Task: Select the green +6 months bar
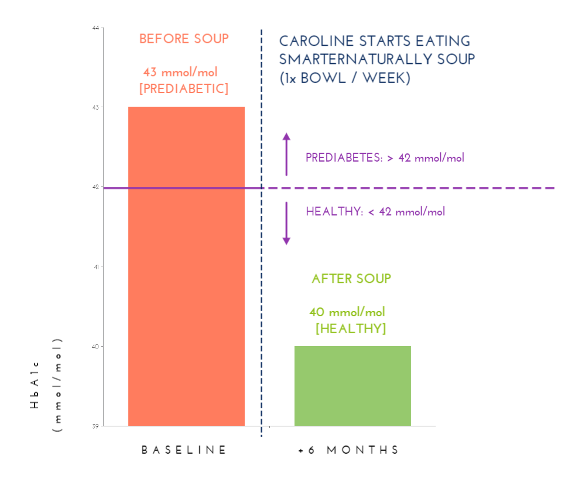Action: point(352,386)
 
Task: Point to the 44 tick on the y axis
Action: point(95,28)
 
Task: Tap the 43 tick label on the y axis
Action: point(95,107)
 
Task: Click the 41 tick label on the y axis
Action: point(95,266)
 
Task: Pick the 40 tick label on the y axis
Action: point(95,346)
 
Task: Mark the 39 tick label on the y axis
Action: point(95,426)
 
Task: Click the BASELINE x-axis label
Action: point(184,450)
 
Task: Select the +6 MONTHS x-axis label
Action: point(348,450)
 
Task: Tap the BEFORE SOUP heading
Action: point(184,39)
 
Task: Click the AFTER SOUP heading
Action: point(351,279)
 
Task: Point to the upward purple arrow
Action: point(286,154)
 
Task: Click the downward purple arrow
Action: point(286,223)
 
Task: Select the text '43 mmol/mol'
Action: point(180,73)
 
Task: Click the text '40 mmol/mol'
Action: point(347,312)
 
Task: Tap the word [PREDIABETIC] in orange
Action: point(184,89)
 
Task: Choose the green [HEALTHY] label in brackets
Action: point(351,329)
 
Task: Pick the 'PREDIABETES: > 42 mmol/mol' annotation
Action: point(385,158)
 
